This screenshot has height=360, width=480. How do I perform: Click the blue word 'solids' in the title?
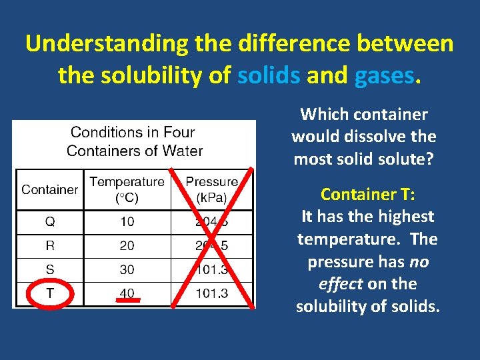point(268,75)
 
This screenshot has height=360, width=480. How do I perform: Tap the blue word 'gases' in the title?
point(384,75)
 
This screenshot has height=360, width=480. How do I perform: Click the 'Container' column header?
point(49,189)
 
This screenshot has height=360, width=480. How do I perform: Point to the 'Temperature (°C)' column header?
point(127,189)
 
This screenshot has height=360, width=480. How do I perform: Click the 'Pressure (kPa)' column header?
point(211,189)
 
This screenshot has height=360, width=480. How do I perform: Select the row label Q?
point(49,221)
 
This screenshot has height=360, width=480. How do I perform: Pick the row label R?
point(49,245)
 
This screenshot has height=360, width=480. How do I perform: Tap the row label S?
point(49,269)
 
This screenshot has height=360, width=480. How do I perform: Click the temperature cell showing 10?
point(127,221)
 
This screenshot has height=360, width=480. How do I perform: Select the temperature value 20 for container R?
point(127,245)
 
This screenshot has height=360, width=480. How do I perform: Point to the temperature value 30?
point(127,269)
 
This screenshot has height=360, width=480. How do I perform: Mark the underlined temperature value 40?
point(127,293)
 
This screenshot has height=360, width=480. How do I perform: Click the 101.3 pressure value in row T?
point(211,293)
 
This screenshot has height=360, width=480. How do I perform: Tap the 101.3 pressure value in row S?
point(211,269)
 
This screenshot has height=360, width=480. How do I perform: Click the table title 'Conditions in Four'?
point(132,132)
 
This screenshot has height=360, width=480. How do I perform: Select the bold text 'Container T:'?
point(367,195)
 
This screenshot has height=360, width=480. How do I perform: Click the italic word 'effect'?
point(340,284)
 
